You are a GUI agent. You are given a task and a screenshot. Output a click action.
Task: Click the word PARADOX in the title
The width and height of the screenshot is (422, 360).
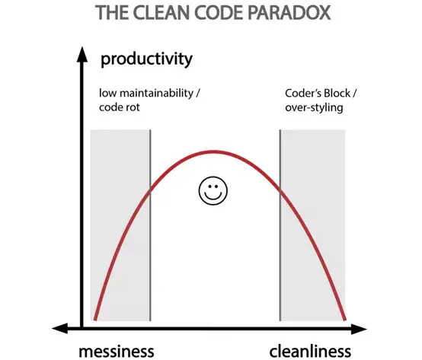[289, 12]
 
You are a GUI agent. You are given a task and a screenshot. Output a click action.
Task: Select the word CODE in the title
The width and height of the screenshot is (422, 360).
[219, 12]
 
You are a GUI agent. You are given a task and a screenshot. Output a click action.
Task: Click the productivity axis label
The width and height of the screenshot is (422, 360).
[146, 59]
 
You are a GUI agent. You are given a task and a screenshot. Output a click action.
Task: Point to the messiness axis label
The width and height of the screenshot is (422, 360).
[117, 351]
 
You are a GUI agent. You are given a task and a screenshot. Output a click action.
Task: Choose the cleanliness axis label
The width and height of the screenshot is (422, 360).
[310, 351]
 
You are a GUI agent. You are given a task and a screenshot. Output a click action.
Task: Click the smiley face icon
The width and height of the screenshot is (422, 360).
[213, 190]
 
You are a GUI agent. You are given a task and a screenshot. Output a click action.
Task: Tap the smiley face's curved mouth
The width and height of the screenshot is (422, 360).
[213, 196]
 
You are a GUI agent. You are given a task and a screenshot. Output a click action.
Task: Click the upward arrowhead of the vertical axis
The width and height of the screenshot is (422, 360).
[82, 55]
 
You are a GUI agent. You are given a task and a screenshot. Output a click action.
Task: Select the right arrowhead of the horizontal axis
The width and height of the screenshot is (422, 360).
[359, 329]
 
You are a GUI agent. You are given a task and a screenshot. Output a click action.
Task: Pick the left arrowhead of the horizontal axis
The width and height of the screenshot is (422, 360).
[59, 328]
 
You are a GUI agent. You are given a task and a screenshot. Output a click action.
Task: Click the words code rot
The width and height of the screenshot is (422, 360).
[120, 107]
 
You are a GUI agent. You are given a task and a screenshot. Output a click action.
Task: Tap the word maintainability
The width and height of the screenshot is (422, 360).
[156, 94]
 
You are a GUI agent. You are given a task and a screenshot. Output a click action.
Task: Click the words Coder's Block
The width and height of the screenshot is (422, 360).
[318, 94]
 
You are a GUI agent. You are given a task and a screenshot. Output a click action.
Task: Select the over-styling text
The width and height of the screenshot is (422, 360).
[314, 108]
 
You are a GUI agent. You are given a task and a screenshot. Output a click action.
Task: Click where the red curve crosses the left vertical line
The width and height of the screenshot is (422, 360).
[150, 191]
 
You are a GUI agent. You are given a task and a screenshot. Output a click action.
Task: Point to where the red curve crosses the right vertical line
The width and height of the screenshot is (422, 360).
[280, 190]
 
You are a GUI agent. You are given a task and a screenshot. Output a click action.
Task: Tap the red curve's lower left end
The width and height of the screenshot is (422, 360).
[94, 320]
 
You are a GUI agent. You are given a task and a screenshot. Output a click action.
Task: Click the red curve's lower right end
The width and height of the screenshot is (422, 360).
[345, 320]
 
